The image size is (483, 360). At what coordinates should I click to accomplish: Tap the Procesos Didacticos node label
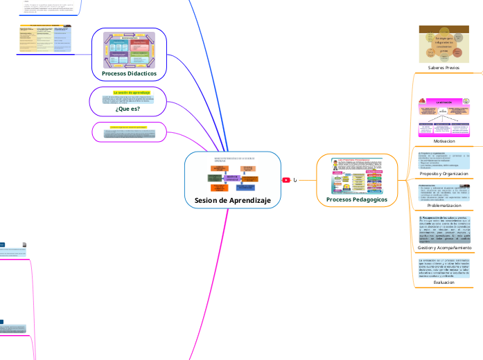click(x=129, y=73)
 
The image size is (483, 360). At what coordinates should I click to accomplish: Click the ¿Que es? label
click(x=128, y=109)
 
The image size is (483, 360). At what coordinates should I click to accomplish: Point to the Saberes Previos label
click(x=444, y=68)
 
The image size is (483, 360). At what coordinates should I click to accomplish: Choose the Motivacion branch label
click(x=444, y=141)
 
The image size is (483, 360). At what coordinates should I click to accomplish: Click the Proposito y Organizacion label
click(x=444, y=174)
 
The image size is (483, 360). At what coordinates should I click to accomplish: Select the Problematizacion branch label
click(x=444, y=206)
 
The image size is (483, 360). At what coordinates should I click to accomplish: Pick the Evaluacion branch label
click(x=444, y=282)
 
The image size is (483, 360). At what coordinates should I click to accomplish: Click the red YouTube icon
click(x=286, y=180)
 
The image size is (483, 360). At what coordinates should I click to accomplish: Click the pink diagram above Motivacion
click(x=444, y=116)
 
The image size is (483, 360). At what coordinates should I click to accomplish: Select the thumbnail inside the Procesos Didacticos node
click(x=130, y=49)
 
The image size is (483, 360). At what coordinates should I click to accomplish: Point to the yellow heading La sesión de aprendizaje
click(x=127, y=92)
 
